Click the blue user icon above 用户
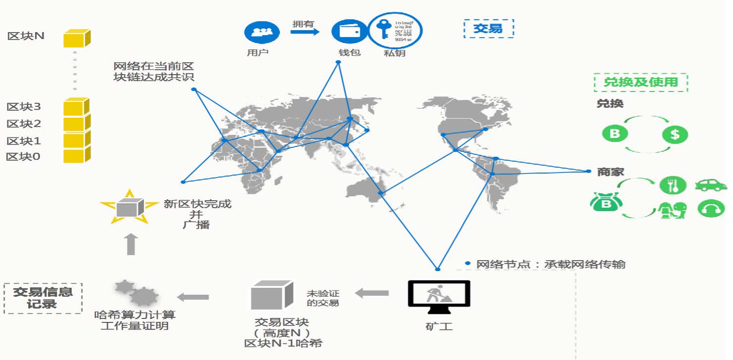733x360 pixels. tap(262, 33)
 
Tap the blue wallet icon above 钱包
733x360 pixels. tap(349, 31)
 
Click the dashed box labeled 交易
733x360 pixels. tap(489, 29)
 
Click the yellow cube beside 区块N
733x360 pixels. tap(77, 38)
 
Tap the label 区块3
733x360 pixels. tap(24, 106)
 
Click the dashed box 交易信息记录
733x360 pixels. tap(43, 298)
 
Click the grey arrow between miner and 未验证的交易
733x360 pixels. tap(372, 293)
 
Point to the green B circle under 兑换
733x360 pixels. tap(615, 134)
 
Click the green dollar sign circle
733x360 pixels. tap(675, 134)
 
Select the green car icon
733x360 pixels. tap(711, 185)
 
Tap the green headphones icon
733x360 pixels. tap(711, 209)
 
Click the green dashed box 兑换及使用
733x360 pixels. tap(641, 82)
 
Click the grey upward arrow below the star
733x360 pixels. tap(131, 245)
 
